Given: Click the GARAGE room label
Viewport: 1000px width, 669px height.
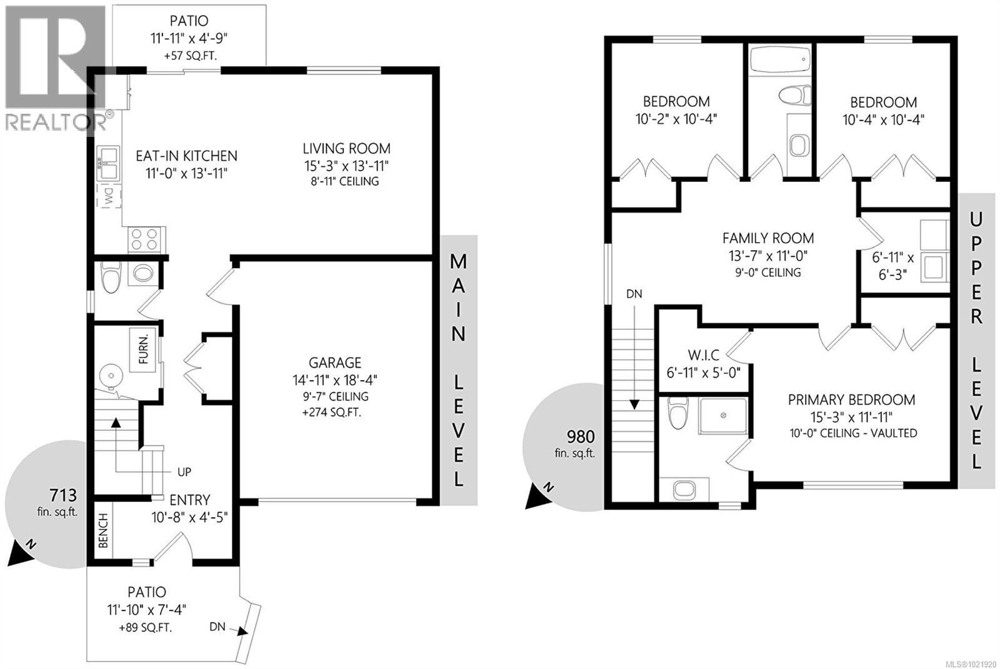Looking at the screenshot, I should pos(334,363).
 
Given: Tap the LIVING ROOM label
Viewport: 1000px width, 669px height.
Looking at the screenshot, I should pos(346,149).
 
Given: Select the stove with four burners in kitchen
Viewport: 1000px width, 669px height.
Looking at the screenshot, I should pos(144,239).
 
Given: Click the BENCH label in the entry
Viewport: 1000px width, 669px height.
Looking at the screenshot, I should pos(104,530).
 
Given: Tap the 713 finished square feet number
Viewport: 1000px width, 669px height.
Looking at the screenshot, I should pos(63,496).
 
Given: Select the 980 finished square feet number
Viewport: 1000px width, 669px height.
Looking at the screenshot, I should pos(580,436).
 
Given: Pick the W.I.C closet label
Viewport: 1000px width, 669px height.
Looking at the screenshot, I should pos(703,355).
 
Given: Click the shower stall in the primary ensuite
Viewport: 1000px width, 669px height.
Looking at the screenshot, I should pos(722,416).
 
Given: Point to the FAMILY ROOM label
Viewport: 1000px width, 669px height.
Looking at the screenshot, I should pos(768,238).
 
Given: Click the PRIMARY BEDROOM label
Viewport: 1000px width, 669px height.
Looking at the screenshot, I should pos(851,400).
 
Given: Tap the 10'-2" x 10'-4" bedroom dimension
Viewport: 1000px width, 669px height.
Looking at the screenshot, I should pos(676,119).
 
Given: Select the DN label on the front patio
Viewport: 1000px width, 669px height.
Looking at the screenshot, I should pos(217,626).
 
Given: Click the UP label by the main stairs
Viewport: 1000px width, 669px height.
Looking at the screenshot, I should pos(184,472).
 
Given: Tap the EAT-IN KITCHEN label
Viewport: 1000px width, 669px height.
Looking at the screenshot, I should pos(186,156).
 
